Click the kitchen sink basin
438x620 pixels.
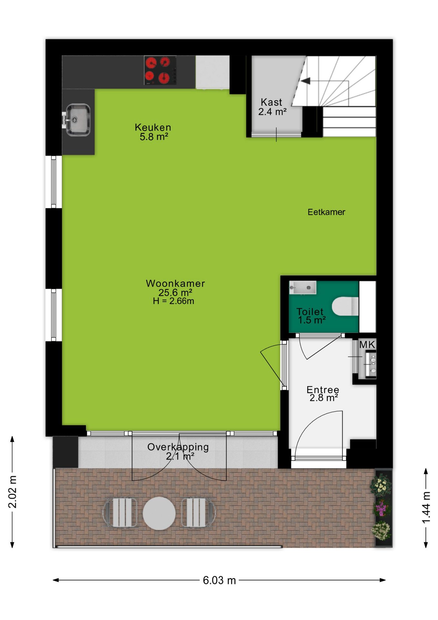pos(78,120)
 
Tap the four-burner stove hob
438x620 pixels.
pos(160,70)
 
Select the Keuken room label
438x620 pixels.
pos(153,132)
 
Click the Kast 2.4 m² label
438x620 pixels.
pos(272,107)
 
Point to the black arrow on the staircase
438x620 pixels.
pos(305,80)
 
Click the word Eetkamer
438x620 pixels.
pos(326,212)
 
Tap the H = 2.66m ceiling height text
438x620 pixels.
pos(174,301)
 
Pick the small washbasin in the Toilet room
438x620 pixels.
pos(303,287)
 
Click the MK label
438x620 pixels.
pos(367,345)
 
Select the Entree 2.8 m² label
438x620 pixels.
pos(323,394)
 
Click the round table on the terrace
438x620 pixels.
pos(159,513)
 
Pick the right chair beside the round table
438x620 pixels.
pos(198,513)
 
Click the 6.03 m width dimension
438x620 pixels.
pos(219,580)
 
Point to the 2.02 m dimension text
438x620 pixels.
pos(12,491)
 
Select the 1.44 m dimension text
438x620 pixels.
pos(426,508)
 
